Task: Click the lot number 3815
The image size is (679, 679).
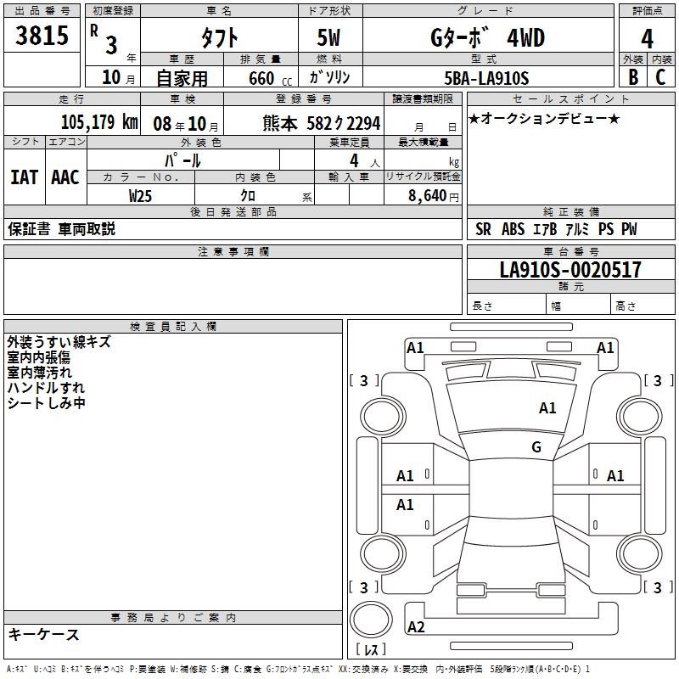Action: click(42, 35)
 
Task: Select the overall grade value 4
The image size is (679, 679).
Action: click(647, 39)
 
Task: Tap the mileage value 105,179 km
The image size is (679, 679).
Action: click(99, 122)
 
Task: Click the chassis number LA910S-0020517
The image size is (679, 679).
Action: click(570, 269)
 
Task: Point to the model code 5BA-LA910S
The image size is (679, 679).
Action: click(486, 78)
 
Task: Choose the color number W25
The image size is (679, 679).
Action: click(140, 196)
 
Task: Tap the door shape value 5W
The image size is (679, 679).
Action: click(328, 37)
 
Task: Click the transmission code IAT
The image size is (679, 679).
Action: click(25, 177)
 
